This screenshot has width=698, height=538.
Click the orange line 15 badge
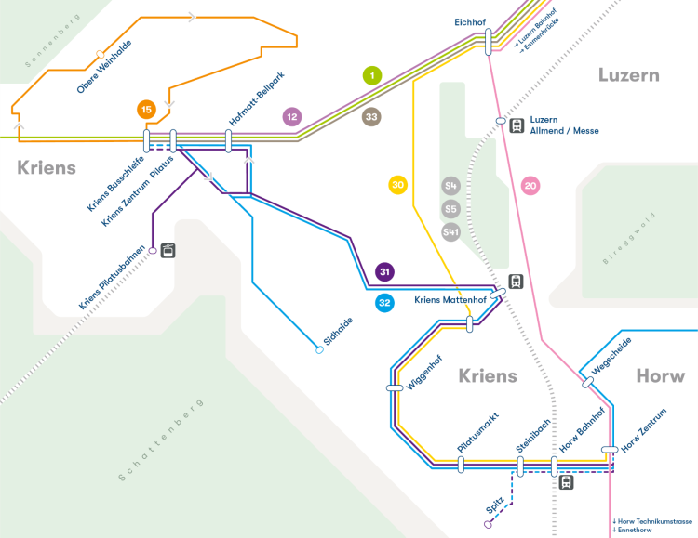pos(145,110)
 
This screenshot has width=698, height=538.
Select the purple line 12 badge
pos(292,117)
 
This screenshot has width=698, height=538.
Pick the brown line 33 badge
pos(372,117)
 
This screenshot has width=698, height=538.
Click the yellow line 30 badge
pos(398,185)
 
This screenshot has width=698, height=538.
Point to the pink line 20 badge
pos(531,186)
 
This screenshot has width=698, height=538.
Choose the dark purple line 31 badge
pos(384,272)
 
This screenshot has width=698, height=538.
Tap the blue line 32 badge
pos(384,302)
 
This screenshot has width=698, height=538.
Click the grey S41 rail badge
pos(451,231)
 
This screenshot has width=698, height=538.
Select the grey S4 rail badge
pos(451,185)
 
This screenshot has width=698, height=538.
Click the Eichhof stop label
pos(471,21)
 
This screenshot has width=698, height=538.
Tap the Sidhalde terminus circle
pos(319,350)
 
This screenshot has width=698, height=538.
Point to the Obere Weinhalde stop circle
pos(101,54)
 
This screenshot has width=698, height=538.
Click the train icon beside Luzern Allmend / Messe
pos(516,125)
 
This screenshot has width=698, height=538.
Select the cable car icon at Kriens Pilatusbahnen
pos(168,250)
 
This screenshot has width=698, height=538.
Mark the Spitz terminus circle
pos(489,524)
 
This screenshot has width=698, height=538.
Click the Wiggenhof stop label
pos(424,371)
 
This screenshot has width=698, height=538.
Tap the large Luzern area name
pos(628,75)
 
